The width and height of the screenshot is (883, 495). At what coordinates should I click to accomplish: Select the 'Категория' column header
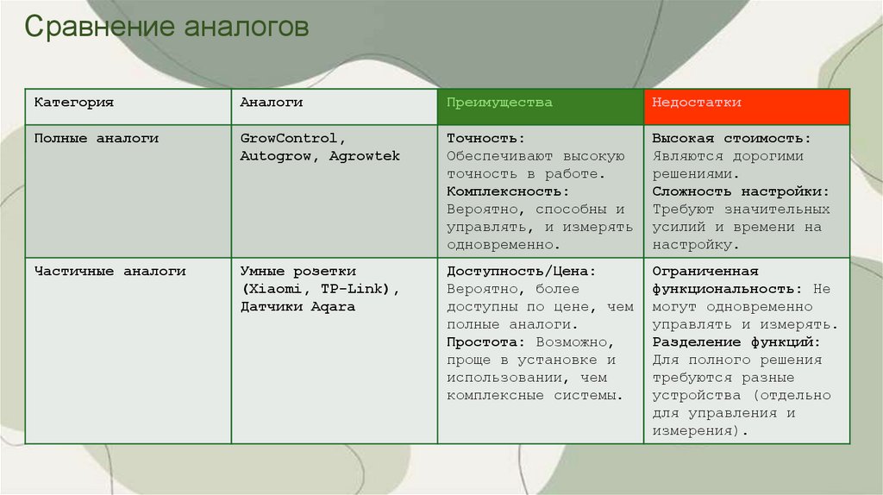pyautogui.click(x=74, y=103)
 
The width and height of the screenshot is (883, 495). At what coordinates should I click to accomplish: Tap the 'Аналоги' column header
pyautogui.click(x=271, y=103)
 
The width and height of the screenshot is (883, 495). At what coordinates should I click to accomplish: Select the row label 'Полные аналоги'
pyautogui.click(x=97, y=138)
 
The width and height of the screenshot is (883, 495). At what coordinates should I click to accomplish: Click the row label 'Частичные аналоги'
pyautogui.click(x=110, y=271)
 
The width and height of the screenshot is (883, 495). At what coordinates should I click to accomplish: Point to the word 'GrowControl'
pyautogui.click(x=292, y=138)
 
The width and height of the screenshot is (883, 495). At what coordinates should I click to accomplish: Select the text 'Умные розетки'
pyautogui.click(x=297, y=271)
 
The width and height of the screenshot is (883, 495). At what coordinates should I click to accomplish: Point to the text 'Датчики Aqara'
pyautogui.click(x=297, y=307)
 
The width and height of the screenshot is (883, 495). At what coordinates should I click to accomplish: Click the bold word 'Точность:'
pyautogui.click(x=485, y=138)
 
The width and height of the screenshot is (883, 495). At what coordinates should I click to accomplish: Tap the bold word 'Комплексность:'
pyautogui.click(x=509, y=191)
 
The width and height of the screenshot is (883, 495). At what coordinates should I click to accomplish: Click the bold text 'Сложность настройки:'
pyautogui.click(x=741, y=191)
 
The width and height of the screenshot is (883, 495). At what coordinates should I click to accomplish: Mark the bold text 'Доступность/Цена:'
pyautogui.click(x=522, y=271)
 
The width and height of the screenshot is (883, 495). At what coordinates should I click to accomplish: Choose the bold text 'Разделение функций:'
pyautogui.click(x=736, y=342)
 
